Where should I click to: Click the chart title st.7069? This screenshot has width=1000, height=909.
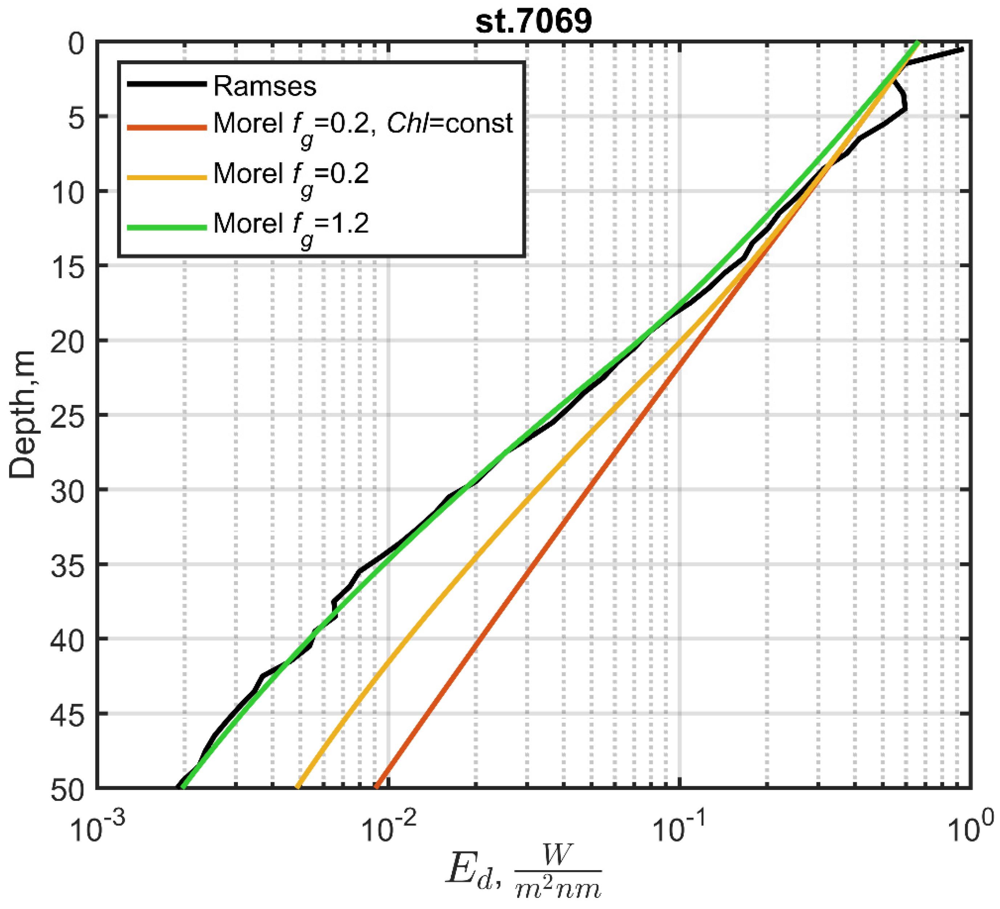(x=534, y=22)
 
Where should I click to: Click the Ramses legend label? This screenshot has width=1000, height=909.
(x=264, y=86)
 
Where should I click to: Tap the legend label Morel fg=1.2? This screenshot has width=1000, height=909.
(x=291, y=224)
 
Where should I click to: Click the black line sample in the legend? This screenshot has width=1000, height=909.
(x=167, y=84)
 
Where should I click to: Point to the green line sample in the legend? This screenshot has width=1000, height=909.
(x=167, y=228)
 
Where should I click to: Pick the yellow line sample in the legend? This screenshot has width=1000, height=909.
(x=167, y=177)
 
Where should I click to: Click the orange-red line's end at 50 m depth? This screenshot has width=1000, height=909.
(x=376, y=787)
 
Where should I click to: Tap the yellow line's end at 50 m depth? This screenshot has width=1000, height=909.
(x=297, y=787)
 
